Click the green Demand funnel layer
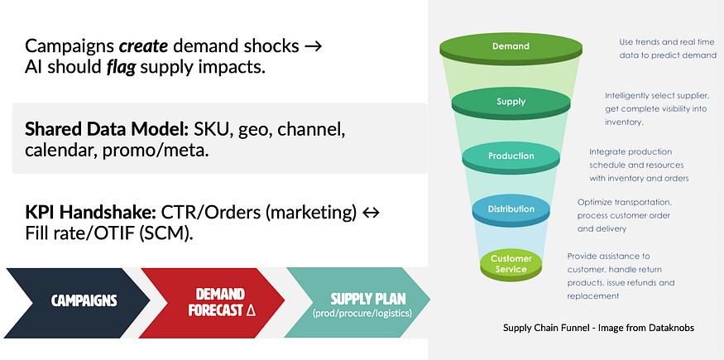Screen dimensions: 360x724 511,46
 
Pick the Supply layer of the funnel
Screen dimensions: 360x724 511,102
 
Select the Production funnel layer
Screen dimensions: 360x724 511,156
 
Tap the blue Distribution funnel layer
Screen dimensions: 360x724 511,209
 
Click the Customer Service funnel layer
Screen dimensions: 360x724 511,264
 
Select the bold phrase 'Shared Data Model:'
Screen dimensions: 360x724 107,130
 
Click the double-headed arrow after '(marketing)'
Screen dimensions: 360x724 372,214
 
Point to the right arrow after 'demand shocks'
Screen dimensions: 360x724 314,46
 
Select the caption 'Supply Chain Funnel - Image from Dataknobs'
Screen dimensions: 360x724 598,328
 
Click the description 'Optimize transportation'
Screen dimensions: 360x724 624,202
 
